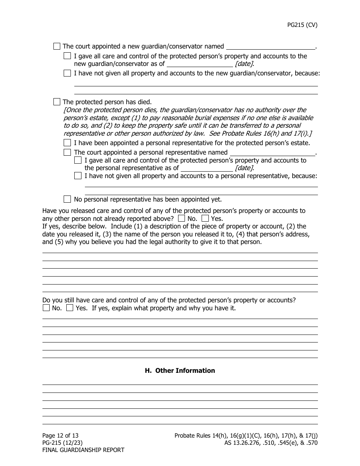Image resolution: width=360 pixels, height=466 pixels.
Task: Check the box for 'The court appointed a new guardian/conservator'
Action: click(x=57, y=47)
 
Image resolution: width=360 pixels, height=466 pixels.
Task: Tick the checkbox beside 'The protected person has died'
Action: click(x=57, y=102)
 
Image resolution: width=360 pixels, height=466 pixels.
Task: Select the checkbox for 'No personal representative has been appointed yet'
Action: click(x=67, y=199)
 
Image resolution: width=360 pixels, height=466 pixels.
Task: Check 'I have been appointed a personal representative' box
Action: click(x=67, y=143)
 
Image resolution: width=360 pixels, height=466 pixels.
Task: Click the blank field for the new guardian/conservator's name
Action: click(x=270, y=47)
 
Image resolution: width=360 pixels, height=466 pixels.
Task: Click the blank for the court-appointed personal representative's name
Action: click(x=272, y=153)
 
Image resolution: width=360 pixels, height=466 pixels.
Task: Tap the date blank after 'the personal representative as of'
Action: click(x=207, y=168)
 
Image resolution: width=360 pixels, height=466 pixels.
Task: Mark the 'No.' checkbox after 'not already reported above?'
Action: click(x=182, y=219)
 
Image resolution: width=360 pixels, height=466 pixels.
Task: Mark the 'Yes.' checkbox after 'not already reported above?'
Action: click(x=205, y=219)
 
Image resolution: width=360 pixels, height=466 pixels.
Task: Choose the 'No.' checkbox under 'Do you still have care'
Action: click(x=46, y=308)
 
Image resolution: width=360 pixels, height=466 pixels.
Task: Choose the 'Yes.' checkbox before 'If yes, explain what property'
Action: click(x=70, y=308)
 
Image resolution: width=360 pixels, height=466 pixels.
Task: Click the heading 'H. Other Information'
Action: click(x=180, y=371)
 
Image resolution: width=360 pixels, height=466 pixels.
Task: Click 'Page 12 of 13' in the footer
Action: click(x=60, y=436)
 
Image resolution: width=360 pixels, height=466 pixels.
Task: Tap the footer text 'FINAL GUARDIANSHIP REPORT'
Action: click(x=83, y=450)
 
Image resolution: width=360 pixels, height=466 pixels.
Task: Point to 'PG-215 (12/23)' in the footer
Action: click(x=63, y=443)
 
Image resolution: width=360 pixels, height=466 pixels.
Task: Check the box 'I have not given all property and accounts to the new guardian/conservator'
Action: click(x=67, y=73)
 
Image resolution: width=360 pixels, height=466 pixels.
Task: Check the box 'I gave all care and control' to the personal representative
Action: click(x=78, y=161)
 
